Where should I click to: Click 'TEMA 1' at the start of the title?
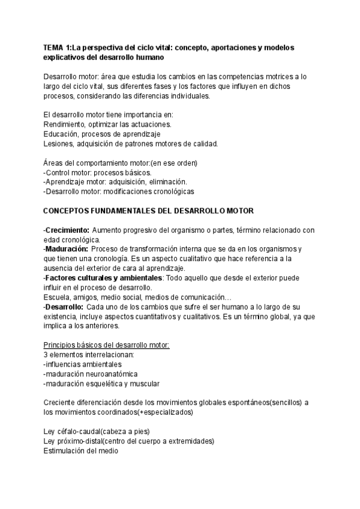tap(58, 47)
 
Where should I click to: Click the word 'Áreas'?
tap(54, 163)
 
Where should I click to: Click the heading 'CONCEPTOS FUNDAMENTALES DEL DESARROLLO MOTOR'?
tap(149, 211)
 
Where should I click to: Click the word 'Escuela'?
tap(58, 297)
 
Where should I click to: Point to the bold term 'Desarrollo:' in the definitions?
tap(67, 307)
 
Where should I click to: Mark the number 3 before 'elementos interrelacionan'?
tap(46, 355)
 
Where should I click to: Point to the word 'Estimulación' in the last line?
tap(67, 451)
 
